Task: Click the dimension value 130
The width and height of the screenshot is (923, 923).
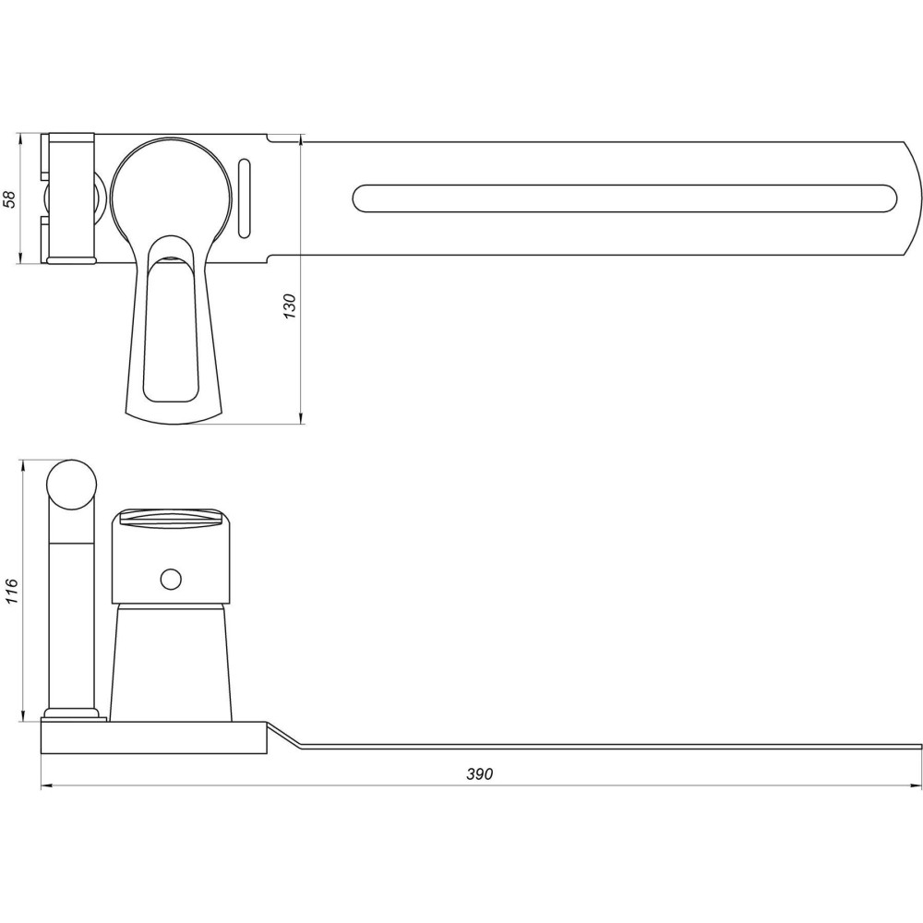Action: [290, 306]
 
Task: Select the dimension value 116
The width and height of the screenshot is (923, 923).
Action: [10, 591]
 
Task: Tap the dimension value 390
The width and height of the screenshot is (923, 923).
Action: [479, 774]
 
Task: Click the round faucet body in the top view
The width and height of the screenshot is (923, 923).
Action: [170, 189]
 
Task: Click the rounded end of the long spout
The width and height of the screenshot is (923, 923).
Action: [914, 198]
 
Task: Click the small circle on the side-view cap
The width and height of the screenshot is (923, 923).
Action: [170, 579]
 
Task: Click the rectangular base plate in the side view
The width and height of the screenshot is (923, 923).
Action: [152, 738]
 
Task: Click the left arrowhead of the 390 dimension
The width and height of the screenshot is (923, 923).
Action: [45, 786]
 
